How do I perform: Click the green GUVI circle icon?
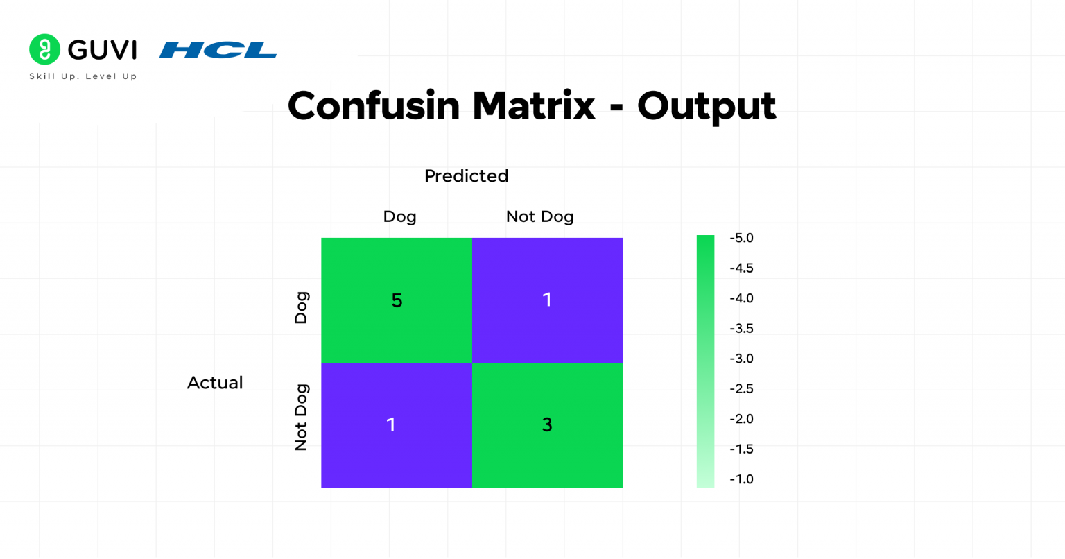(x=44, y=49)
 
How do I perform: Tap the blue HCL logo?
(x=218, y=50)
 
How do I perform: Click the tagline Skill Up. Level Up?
(x=83, y=76)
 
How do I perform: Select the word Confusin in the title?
(x=374, y=106)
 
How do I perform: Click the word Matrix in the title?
(x=533, y=106)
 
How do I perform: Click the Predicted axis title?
(x=466, y=176)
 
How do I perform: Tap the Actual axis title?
(x=215, y=383)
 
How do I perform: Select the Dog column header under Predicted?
(x=399, y=216)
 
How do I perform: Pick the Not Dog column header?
(x=539, y=216)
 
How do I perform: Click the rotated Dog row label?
(x=301, y=308)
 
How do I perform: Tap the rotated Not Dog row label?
(x=301, y=418)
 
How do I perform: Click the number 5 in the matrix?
(x=397, y=300)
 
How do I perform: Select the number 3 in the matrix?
(x=547, y=425)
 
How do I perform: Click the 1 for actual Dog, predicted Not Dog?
(x=547, y=300)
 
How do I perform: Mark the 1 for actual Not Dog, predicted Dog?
(x=391, y=424)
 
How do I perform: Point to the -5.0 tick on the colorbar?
(x=741, y=238)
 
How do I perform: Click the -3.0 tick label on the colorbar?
(x=741, y=359)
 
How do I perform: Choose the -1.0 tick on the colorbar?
(x=741, y=479)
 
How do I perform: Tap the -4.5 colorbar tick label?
(x=741, y=268)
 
